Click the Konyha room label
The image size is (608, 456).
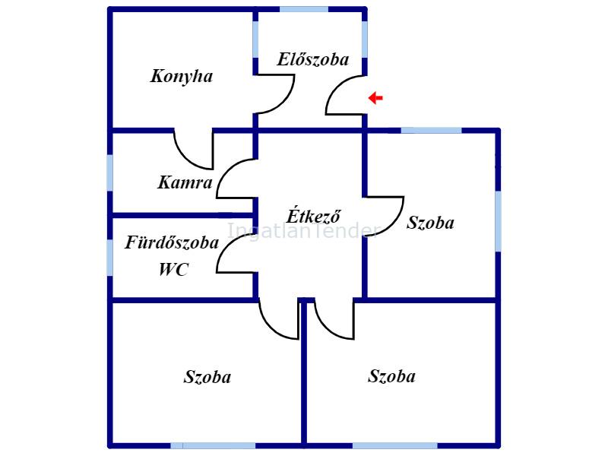tap(181, 76)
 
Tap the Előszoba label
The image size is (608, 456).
tap(312, 59)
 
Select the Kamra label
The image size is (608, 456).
tap(185, 182)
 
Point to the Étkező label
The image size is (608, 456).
tap(313, 216)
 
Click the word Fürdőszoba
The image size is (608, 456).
tap(172, 243)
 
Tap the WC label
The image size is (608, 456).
tap(173, 269)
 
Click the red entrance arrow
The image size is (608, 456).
tap(375, 98)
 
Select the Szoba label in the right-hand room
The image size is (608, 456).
tap(430, 223)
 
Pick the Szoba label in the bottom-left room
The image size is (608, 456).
tap(207, 377)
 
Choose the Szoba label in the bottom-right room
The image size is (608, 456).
tap(391, 376)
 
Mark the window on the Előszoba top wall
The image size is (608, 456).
tap(304, 9)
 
